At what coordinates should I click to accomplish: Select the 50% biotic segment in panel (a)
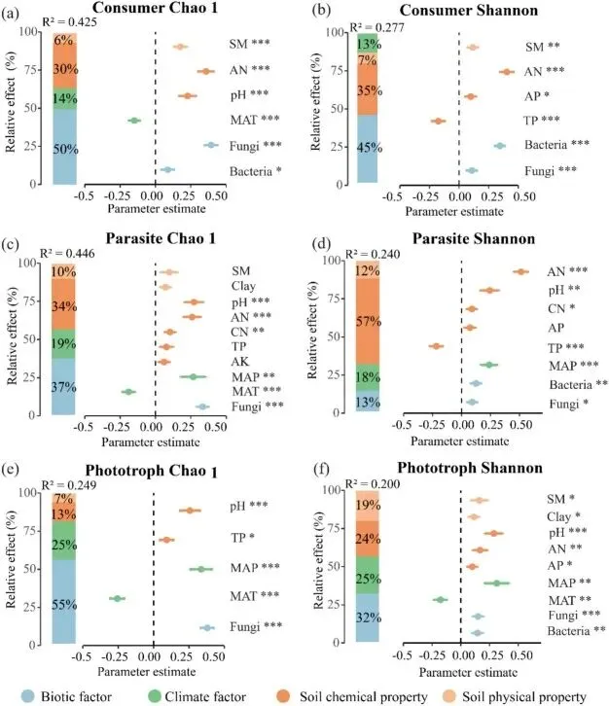coord(64,148)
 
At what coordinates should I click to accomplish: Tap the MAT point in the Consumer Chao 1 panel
coord(134,121)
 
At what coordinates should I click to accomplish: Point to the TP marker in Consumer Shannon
coord(438,121)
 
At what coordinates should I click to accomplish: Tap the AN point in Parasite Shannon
coord(520,272)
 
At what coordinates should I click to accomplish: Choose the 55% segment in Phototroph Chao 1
coord(64,604)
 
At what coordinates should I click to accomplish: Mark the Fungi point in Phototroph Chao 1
coord(206,628)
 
